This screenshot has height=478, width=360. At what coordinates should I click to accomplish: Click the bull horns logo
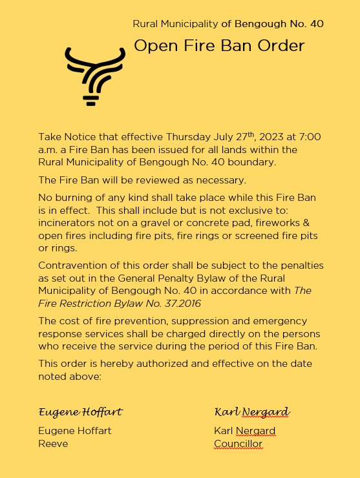(94, 75)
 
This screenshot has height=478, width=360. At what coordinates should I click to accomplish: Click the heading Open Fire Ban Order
(218, 46)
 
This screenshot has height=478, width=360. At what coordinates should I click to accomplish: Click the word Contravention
(72, 265)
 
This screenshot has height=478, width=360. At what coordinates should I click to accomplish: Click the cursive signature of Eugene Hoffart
(81, 412)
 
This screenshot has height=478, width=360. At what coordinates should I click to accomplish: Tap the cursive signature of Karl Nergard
(251, 412)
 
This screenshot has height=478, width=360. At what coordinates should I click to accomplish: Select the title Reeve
(53, 444)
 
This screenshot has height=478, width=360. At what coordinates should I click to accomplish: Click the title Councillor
(238, 444)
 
